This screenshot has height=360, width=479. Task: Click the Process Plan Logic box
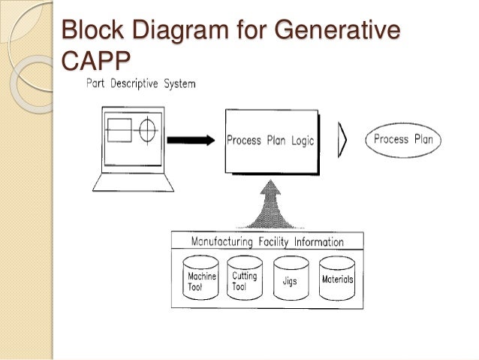(271, 141)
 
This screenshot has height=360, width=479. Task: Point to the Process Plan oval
(403, 140)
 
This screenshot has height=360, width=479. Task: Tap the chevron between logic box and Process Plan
(342, 141)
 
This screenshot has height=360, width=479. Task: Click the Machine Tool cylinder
(200, 280)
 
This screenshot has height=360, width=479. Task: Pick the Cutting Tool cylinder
(245, 280)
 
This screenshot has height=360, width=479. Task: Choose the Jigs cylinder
(291, 280)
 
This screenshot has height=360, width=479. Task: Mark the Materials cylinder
(337, 280)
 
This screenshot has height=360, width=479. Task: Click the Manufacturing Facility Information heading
(267, 242)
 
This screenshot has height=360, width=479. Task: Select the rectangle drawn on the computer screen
(119, 130)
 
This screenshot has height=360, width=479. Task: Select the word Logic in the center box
(299, 141)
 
